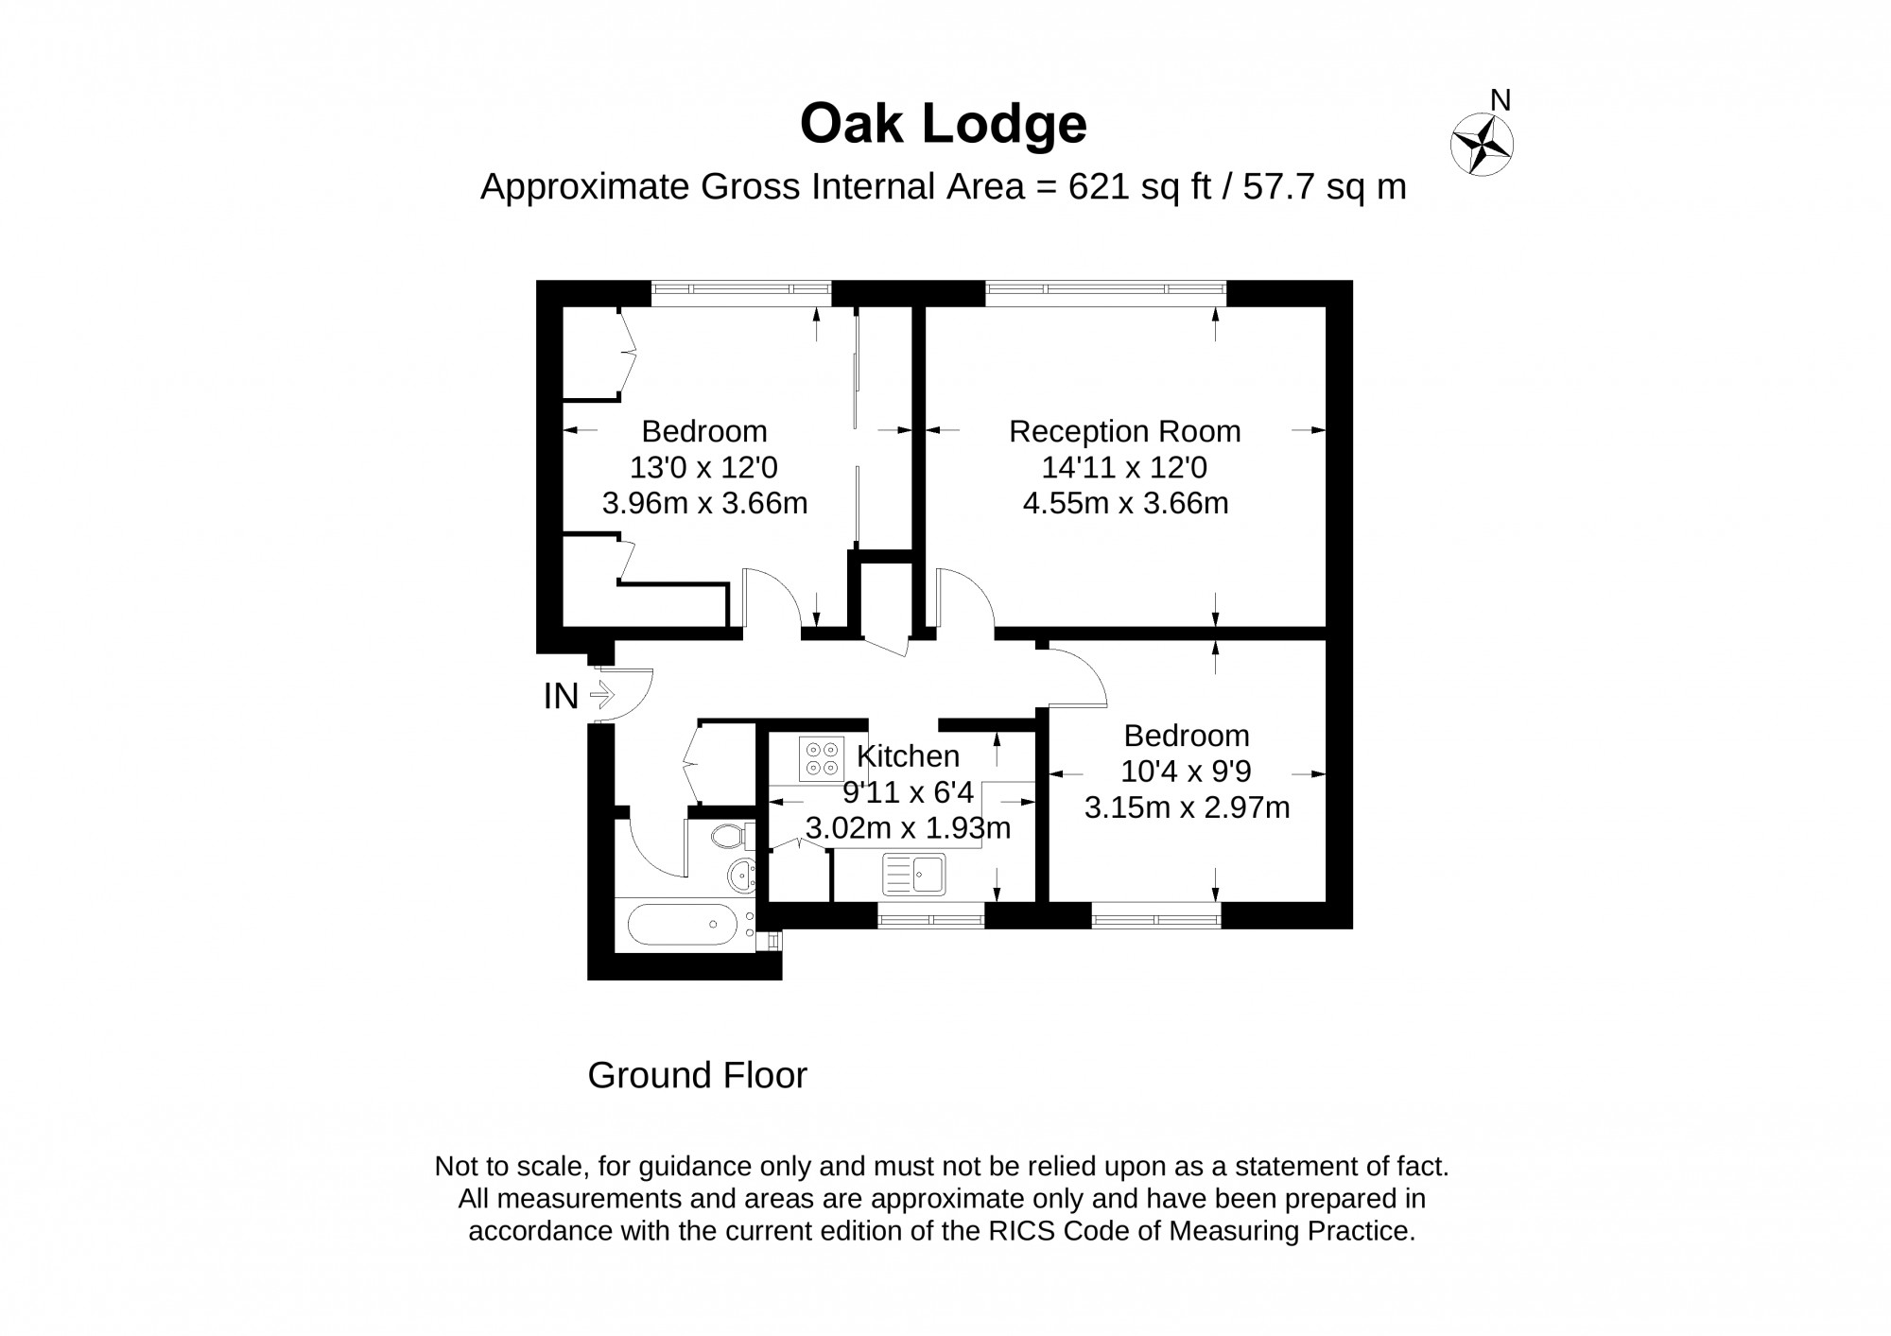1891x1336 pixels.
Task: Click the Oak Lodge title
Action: click(x=944, y=125)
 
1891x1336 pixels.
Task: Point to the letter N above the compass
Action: click(x=1500, y=100)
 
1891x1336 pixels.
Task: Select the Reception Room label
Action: click(x=1124, y=431)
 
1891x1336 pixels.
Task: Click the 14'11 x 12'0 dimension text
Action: click(x=1124, y=467)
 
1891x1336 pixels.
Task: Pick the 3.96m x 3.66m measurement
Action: click(x=704, y=502)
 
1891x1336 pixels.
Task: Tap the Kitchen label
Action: click(x=908, y=755)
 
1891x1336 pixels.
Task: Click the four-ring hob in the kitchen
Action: click(x=820, y=758)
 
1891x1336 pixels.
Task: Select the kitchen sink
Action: click(x=913, y=874)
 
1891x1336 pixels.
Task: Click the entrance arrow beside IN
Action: click(x=602, y=696)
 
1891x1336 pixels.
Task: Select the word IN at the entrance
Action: click(x=561, y=697)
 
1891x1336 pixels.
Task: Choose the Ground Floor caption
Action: click(x=697, y=1076)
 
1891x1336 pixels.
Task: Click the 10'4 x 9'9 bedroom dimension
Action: click(x=1186, y=772)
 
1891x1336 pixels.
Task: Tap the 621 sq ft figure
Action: click(x=1139, y=187)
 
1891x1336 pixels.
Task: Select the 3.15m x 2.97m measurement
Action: click(x=1187, y=807)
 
